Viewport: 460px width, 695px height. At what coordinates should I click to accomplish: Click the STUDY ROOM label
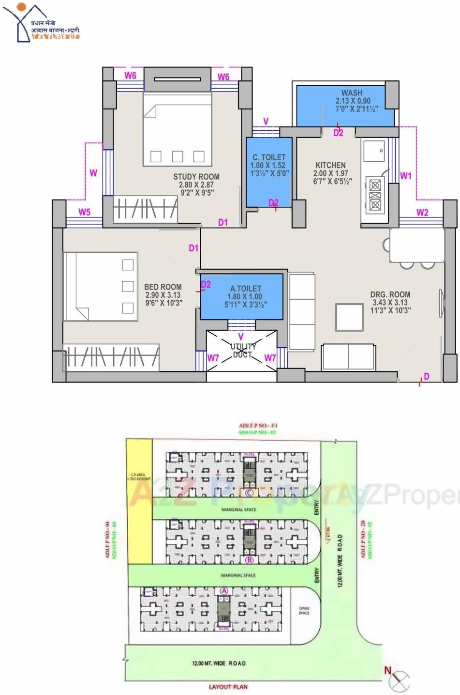point(196,177)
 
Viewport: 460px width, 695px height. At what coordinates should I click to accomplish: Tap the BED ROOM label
point(163,287)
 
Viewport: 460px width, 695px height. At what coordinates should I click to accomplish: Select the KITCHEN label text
point(330,165)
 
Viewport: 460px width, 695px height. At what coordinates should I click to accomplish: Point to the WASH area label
point(352,93)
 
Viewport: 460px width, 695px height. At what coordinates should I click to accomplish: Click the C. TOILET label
point(269,157)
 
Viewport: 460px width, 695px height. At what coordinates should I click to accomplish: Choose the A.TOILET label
point(245,288)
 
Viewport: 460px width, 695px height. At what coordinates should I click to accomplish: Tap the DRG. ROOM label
point(390,294)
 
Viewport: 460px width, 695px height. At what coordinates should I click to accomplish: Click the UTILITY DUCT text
point(243,351)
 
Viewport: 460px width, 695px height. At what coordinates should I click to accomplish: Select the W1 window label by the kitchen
point(405,176)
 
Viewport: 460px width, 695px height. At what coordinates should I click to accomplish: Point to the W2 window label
point(422,212)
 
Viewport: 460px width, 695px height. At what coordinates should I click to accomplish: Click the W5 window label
point(85,212)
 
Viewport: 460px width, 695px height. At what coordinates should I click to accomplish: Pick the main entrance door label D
point(426,376)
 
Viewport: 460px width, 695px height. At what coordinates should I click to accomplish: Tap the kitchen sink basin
point(374,151)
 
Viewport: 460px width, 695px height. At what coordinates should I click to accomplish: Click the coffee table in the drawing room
point(349,317)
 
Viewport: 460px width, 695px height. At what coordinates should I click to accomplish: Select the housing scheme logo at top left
point(41,23)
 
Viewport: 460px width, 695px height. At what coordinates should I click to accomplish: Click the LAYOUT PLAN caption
point(228,687)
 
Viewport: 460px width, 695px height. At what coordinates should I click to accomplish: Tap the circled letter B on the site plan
point(250,560)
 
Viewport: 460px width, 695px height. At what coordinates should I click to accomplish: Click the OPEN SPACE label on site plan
point(304,611)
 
